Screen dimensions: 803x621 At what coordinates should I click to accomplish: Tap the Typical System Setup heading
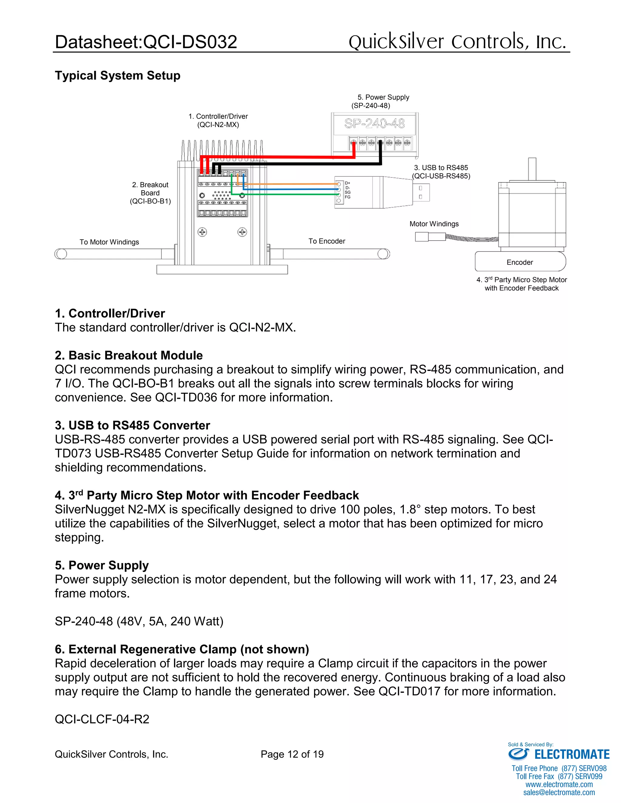pyautogui.click(x=117, y=75)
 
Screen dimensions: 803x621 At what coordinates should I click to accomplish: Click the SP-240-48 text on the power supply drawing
pyautogui.click(x=374, y=124)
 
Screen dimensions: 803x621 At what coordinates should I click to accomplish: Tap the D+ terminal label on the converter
pyautogui.click(x=347, y=183)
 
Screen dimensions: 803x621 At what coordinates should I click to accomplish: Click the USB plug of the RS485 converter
pyautogui.click(x=421, y=192)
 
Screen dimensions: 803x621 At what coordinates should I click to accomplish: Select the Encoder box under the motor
pyautogui.click(x=519, y=262)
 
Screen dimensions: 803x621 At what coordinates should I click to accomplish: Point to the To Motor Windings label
pyautogui.click(x=109, y=242)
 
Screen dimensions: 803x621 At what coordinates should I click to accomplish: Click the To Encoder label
pyautogui.click(x=327, y=241)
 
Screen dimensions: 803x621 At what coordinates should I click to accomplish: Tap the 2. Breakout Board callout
pyautogui.click(x=150, y=193)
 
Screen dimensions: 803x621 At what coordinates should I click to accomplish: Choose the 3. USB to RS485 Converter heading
pyautogui.click(x=132, y=425)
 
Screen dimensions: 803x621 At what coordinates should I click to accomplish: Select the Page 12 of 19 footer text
pyautogui.click(x=292, y=754)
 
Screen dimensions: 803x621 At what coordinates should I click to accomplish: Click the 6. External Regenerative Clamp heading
pyautogui.click(x=182, y=649)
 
